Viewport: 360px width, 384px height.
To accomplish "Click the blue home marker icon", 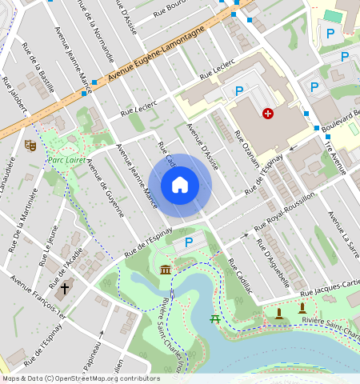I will (x=180, y=185).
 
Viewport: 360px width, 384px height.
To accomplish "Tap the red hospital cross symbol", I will (x=267, y=114).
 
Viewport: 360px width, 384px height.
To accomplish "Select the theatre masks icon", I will (x=30, y=145).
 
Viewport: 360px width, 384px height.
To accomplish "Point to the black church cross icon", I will (x=65, y=286).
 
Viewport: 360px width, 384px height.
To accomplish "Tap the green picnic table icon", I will (x=215, y=319).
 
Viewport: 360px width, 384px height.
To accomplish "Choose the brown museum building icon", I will (x=165, y=270).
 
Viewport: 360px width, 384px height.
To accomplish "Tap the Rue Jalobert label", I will (x=14, y=97).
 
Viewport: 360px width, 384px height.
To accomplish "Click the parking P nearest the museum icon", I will (x=189, y=242).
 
